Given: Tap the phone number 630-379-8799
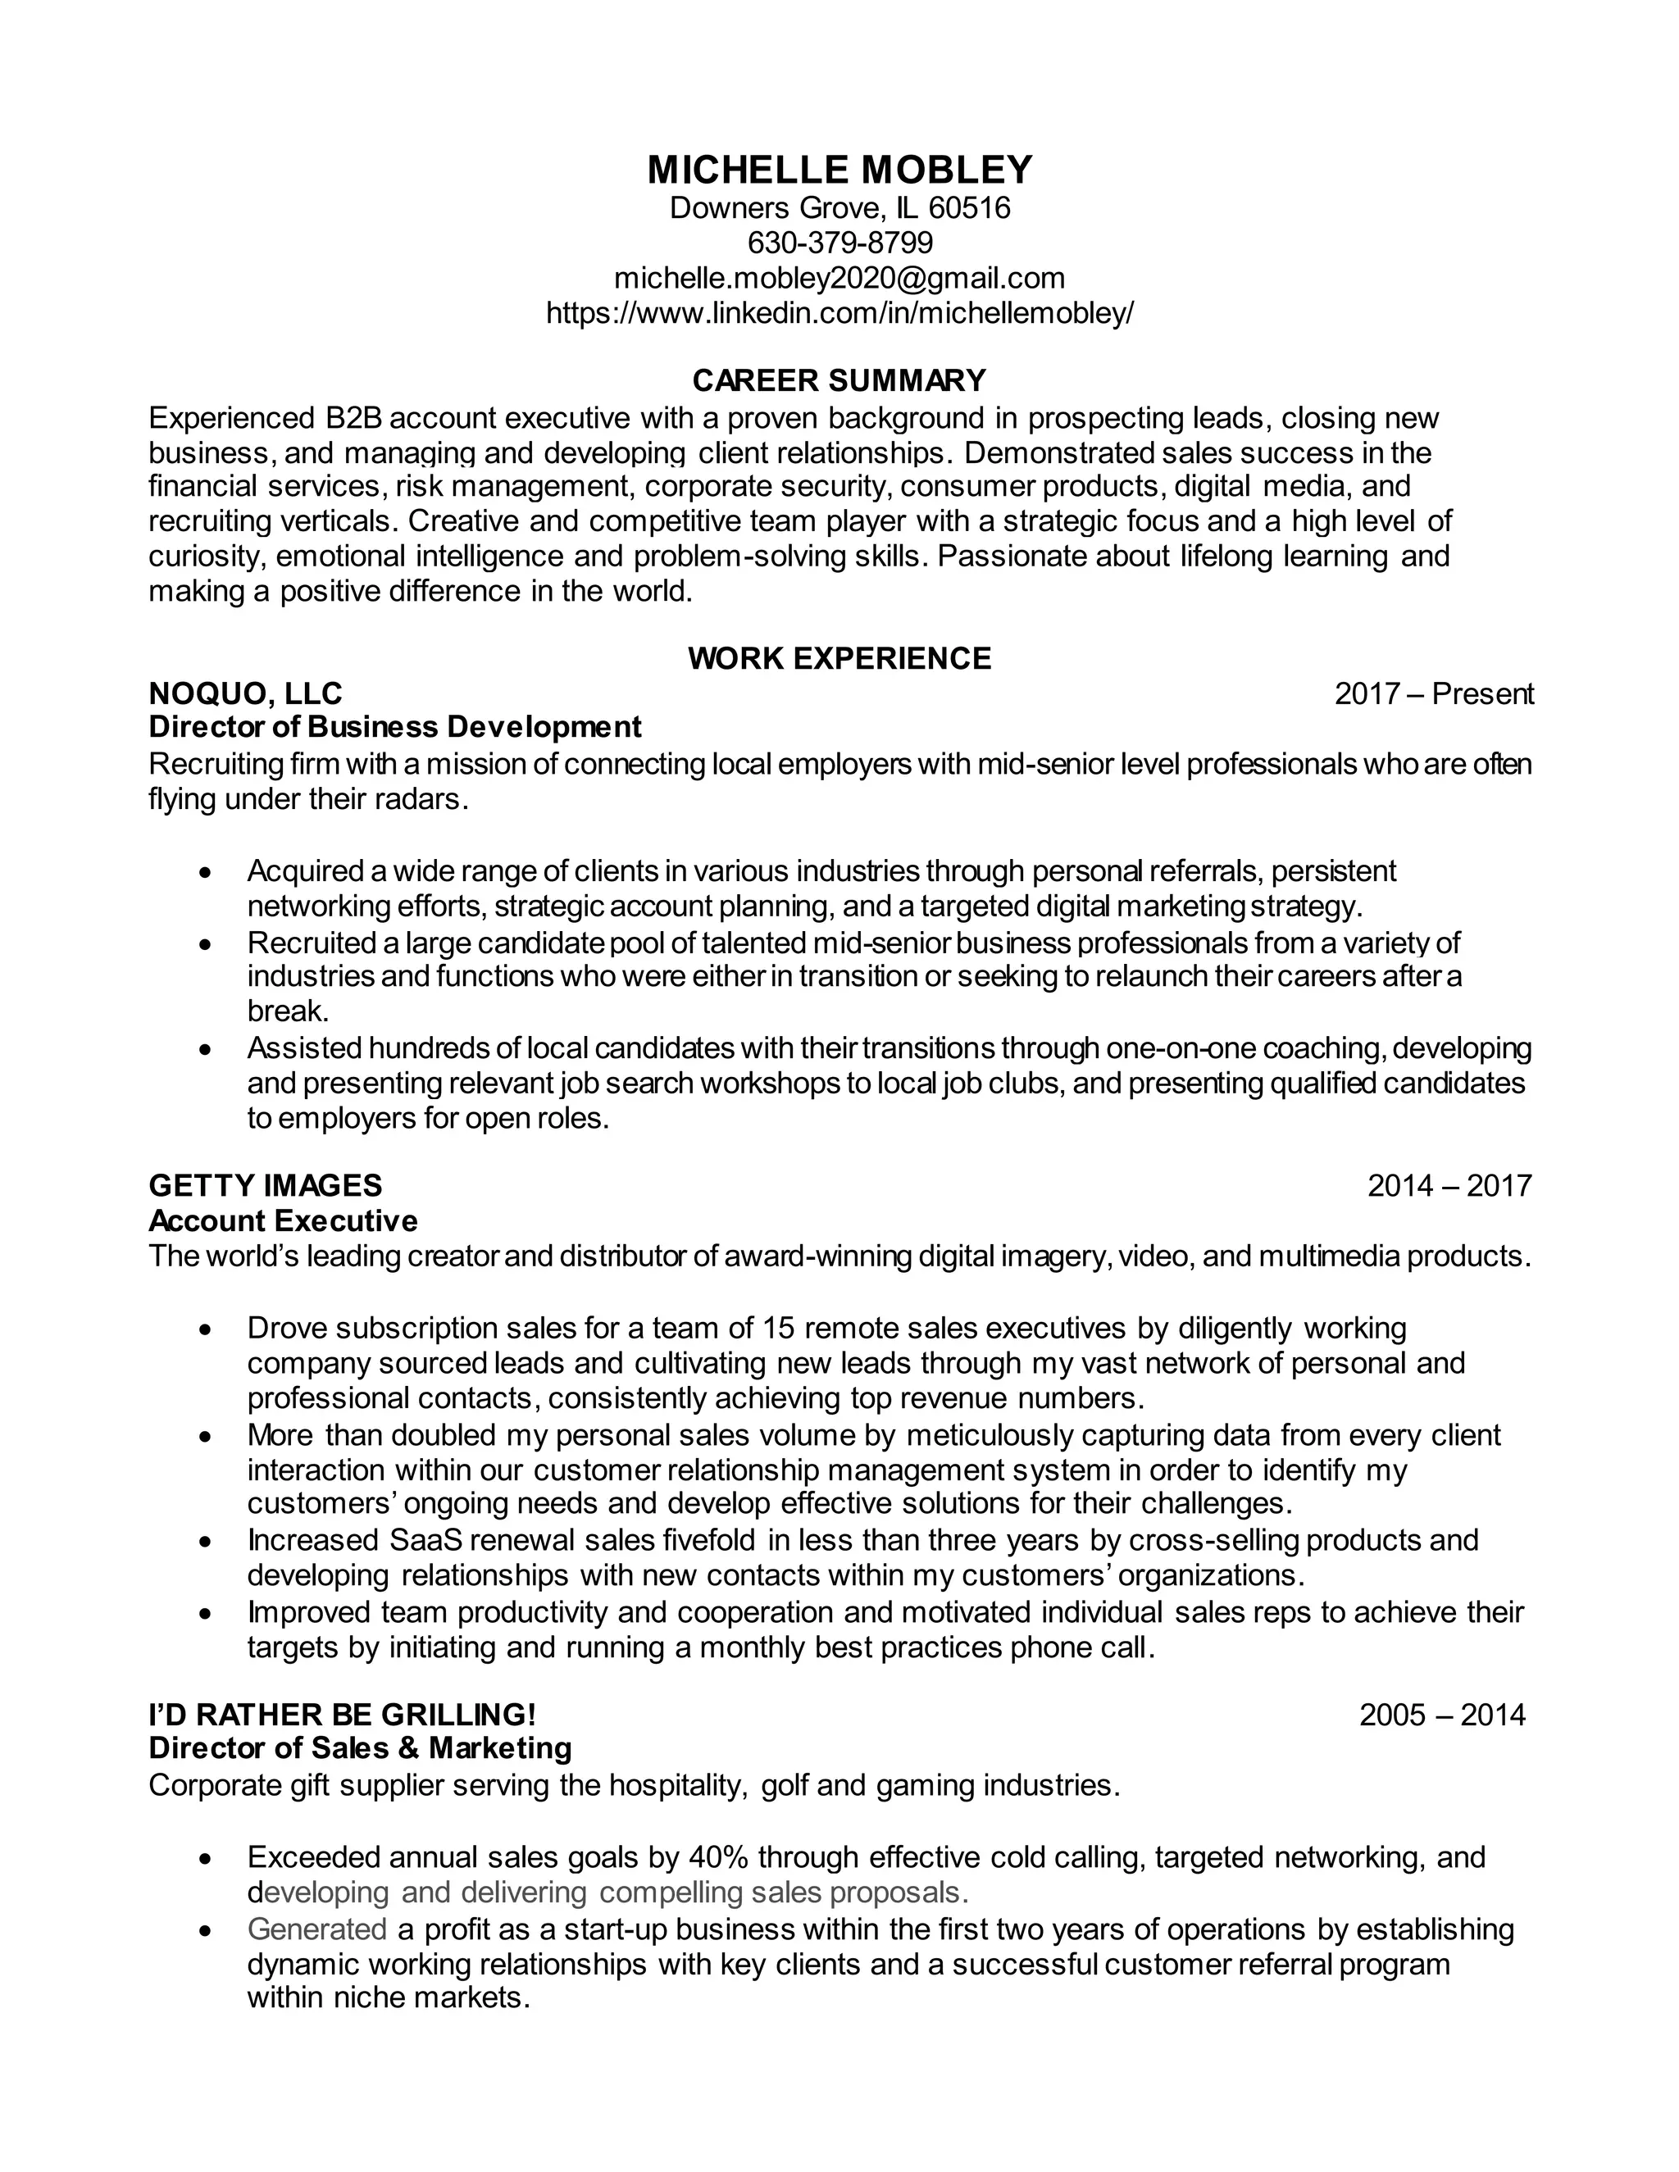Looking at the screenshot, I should point(839,243).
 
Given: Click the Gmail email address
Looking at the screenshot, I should point(839,278).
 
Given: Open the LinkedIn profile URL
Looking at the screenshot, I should point(839,313).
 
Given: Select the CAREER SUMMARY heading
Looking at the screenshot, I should point(839,380).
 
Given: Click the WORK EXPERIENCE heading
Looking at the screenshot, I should point(839,658).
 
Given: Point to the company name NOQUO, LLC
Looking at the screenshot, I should point(244,693).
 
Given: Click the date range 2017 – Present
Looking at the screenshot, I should point(1433,694).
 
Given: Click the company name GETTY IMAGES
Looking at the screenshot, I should point(266,1185).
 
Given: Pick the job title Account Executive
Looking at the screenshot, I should point(284,1220).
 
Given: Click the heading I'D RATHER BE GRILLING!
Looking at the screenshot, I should point(342,1715).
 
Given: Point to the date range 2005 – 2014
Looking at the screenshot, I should point(1442,1715).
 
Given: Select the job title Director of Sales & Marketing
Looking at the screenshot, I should point(360,1748).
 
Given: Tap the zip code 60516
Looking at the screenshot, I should point(970,208).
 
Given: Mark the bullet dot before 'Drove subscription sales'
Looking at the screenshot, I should point(205,1329).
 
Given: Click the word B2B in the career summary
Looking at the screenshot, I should point(353,418).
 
